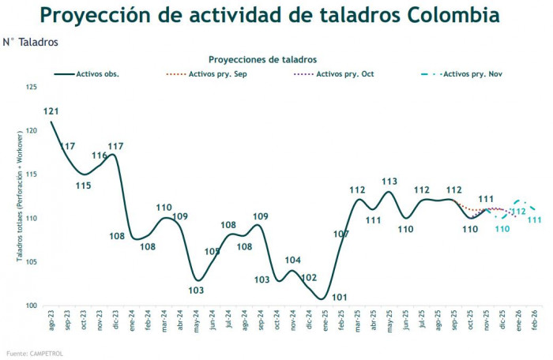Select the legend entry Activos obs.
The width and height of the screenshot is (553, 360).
point(97,74)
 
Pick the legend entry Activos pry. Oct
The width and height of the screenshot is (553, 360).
point(345,74)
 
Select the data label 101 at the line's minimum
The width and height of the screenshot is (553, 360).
point(340,297)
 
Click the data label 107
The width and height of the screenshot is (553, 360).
point(341,234)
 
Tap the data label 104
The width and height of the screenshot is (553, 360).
point(293,260)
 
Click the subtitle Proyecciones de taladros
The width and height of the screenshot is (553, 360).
point(262,59)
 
